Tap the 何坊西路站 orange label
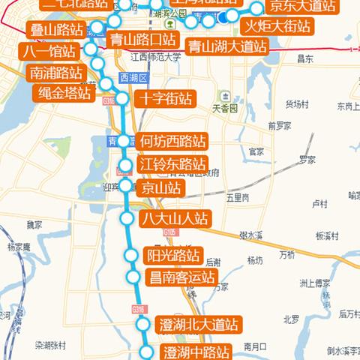tap(174, 141)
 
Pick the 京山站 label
tap(160, 187)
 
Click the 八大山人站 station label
tap(175, 219)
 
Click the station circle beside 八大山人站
tap(127, 218)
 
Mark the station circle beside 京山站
tap(125, 185)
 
